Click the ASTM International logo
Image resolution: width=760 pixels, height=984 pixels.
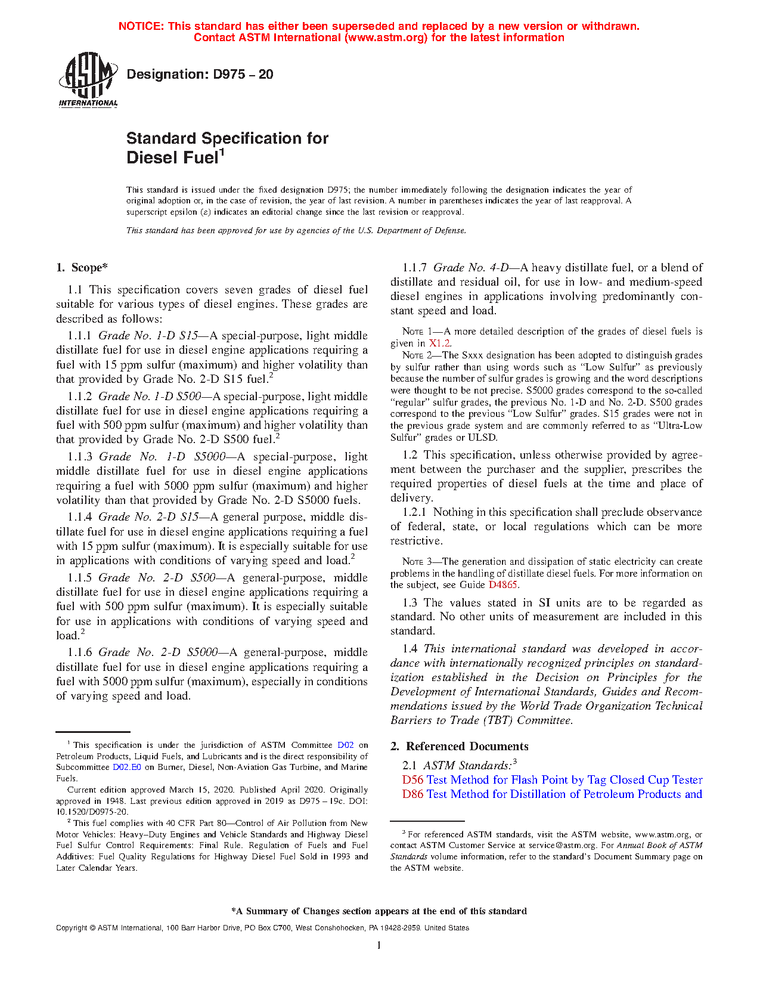pyautogui.click(x=88, y=79)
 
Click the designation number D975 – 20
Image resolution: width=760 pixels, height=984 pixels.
pyautogui.click(x=242, y=75)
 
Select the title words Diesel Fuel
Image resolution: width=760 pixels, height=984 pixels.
pyautogui.click(x=172, y=158)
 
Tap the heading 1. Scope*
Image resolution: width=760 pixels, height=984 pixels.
pyautogui.click(x=82, y=268)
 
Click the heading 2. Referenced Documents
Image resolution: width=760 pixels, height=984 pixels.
pyautogui.click(x=459, y=747)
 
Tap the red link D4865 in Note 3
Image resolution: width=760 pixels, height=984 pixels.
pyautogui.click(x=503, y=585)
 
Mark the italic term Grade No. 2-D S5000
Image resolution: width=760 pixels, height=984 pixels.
pyautogui.click(x=158, y=652)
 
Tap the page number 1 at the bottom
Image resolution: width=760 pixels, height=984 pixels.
pyautogui.click(x=379, y=945)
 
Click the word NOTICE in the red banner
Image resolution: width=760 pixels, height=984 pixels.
pyautogui.click(x=141, y=26)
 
